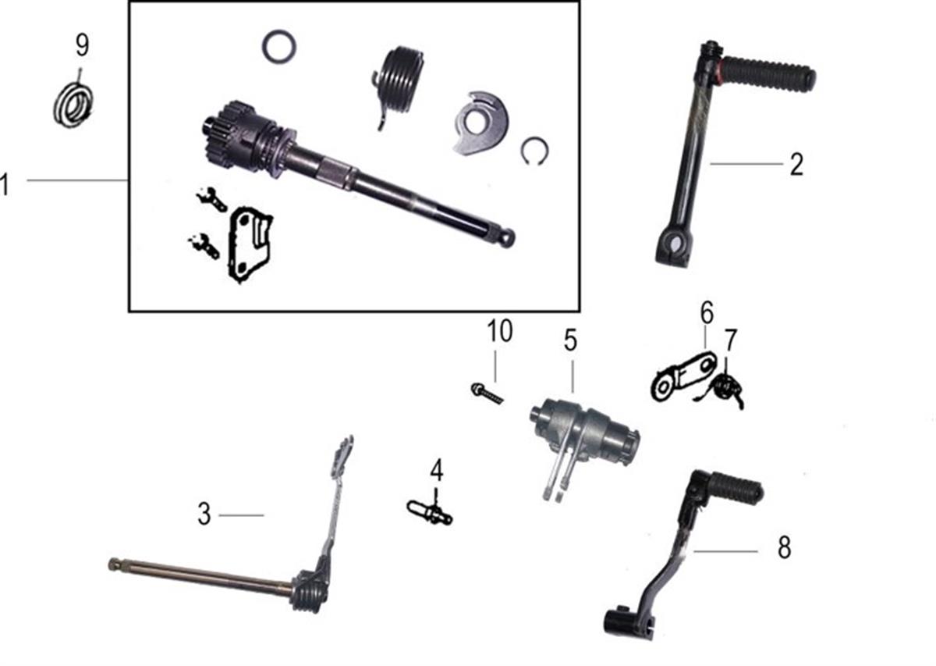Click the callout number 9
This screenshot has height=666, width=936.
pyautogui.click(x=83, y=45)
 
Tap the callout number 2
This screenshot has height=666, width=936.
pyautogui.click(x=796, y=165)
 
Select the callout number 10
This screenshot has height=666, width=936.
pyautogui.click(x=500, y=331)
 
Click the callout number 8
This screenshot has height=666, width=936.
pyautogui.click(x=784, y=547)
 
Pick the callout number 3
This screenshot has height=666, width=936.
pyautogui.click(x=204, y=515)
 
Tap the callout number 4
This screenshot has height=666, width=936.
pyautogui.click(x=437, y=470)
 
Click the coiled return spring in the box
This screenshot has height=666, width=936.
pyautogui.click(x=399, y=81)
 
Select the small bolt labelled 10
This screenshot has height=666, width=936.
pyautogui.click(x=487, y=394)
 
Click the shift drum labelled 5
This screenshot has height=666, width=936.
pyautogui.click(x=585, y=435)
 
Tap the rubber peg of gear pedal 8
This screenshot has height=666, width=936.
pyautogui.click(x=738, y=487)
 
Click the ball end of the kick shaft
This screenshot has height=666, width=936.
pyautogui.click(x=507, y=237)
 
